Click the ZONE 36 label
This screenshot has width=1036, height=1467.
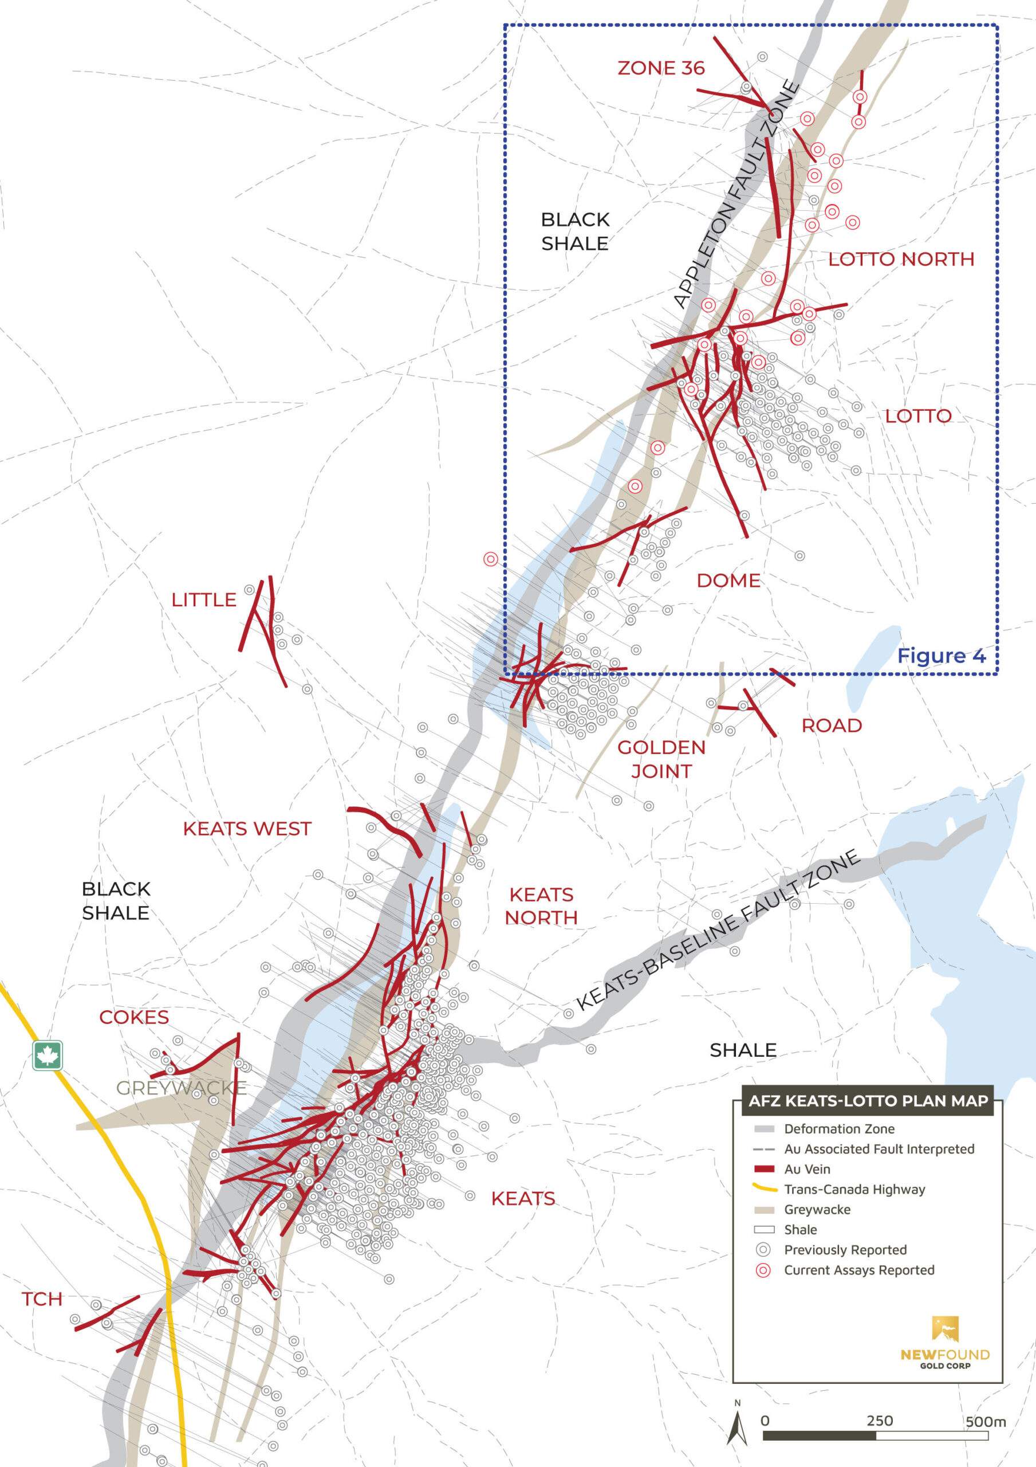click(x=661, y=68)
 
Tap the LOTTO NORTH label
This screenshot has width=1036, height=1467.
click(x=901, y=259)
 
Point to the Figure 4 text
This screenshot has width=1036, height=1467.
click(x=942, y=656)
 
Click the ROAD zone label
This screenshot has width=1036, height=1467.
click(x=832, y=725)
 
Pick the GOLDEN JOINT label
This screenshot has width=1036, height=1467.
click(x=661, y=759)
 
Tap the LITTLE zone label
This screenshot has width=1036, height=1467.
click(x=204, y=599)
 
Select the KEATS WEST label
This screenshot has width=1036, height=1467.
click(x=247, y=829)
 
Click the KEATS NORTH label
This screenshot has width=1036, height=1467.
click(x=541, y=905)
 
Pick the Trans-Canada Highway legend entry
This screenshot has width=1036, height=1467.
click(x=854, y=1189)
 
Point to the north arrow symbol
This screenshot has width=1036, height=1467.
click(x=738, y=1423)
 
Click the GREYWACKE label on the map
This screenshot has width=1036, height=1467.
click(x=182, y=1088)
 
